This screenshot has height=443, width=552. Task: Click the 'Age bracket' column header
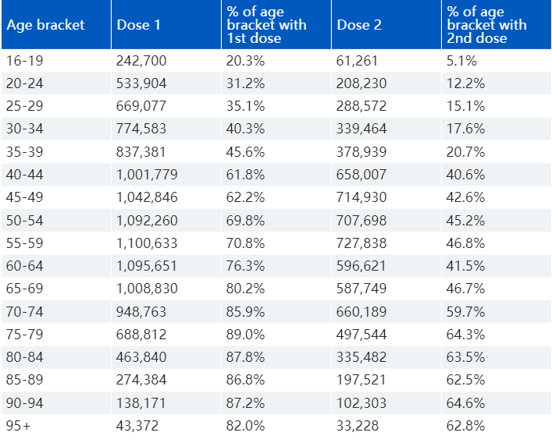pyautogui.click(x=45, y=25)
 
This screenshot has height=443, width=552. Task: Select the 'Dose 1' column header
pyautogui.click(x=138, y=25)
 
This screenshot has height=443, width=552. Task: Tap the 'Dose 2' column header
pyautogui.click(x=359, y=25)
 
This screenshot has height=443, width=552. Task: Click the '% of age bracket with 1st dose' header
pyautogui.click(x=266, y=25)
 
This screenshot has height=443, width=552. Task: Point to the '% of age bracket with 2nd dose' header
pyautogui.click(x=486, y=25)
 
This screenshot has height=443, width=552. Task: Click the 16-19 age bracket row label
pyautogui.click(x=25, y=61)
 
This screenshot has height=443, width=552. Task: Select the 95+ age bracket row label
pyautogui.click(x=18, y=426)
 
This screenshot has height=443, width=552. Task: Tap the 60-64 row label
pyautogui.click(x=25, y=266)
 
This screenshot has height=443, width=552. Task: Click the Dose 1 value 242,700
pyautogui.click(x=141, y=61)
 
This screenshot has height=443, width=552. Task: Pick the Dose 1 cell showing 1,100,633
pyautogui.click(x=147, y=243)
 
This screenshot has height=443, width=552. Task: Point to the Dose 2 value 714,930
pyautogui.click(x=361, y=197)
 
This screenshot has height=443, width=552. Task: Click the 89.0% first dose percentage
pyautogui.click(x=245, y=335)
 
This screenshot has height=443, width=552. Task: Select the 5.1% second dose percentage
pyautogui.click(x=461, y=61)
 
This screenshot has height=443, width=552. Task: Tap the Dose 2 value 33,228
pyautogui.click(x=358, y=426)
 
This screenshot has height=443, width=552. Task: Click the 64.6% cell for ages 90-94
pyautogui.click(x=465, y=403)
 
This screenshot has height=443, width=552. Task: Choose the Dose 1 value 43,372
pyautogui.click(x=137, y=426)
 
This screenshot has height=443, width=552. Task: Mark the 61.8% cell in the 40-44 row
pyautogui.click(x=245, y=175)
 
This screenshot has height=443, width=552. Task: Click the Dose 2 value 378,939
pyautogui.click(x=361, y=152)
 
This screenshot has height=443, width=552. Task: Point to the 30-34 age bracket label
pyautogui.click(x=25, y=129)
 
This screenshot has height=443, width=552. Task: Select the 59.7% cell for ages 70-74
pyautogui.click(x=465, y=312)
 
